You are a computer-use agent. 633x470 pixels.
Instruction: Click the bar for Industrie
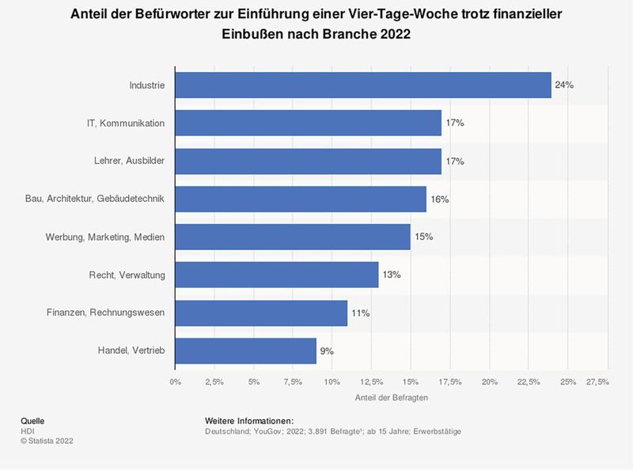pos(362,85)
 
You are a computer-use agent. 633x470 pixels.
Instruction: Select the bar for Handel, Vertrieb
pos(245,351)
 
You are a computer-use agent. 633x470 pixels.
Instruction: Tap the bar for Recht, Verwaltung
pos(276,275)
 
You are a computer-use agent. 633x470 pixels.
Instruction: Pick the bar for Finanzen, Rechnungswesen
pos(261,313)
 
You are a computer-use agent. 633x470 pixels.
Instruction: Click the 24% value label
pos(564,85)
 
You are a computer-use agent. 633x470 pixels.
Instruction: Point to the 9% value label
pos(327,351)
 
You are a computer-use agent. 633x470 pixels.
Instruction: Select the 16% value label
pos(439,199)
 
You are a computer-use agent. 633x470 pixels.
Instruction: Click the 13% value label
pos(392,275)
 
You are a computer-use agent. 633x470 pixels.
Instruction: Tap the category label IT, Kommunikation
pos(126,123)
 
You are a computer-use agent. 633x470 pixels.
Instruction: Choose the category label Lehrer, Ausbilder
pos(129,161)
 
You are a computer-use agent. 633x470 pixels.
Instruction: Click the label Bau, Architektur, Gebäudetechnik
pos(95,199)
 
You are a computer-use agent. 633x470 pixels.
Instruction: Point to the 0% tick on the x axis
pos(175,382)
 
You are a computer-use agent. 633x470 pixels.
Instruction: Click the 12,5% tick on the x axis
pos(371,382)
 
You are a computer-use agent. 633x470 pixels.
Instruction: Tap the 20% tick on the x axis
pos(489,382)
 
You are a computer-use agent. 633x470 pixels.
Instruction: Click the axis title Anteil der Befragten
pos(392,398)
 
